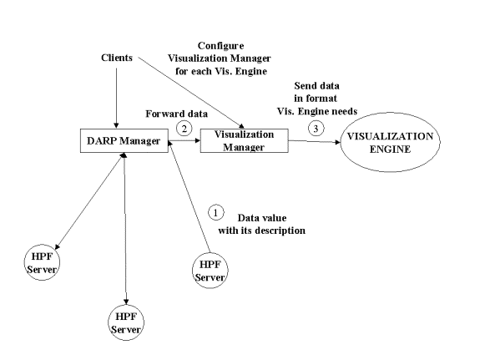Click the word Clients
pyautogui.click(x=117, y=58)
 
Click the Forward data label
pyautogui.click(x=177, y=114)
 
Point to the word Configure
pyautogui.click(x=220, y=46)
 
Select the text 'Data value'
pyautogui.click(x=262, y=218)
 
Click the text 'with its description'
pyautogui.click(x=262, y=231)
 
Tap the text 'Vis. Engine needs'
pyautogui.click(x=317, y=111)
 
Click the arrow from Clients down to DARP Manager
pyautogui.click(x=116, y=98)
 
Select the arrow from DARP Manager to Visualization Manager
pyautogui.click(x=184, y=140)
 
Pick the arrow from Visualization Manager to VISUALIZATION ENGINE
pyautogui.click(x=315, y=141)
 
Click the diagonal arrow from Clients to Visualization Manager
pyautogui.click(x=190, y=92)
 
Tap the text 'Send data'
pyautogui.click(x=317, y=86)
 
